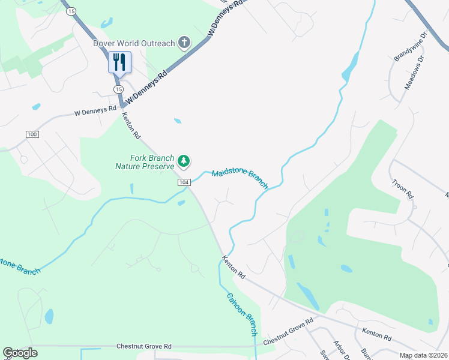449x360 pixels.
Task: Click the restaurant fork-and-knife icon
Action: pyautogui.click(x=119, y=61)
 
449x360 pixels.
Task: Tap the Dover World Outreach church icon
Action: pyautogui.click(x=184, y=43)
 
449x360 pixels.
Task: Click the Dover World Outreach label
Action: pyautogui.click(x=133, y=43)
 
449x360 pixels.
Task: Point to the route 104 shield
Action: pyautogui.click(x=184, y=182)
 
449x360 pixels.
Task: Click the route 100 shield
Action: pyautogui.click(x=32, y=134)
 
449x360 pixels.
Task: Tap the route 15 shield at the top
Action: pyautogui.click(x=71, y=11)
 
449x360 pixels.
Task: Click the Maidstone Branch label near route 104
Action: pyautogui.click(x=240, y=179)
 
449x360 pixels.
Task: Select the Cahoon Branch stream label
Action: pyautogui.click(x=242, y=314)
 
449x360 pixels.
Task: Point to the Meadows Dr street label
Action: pyautogui.click(x=414, y=73)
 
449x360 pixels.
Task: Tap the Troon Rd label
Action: pyautogui.click(x=402, y=188)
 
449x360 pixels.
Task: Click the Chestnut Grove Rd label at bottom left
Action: pyautogui.click(x=144, y=346)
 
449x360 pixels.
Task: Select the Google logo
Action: pyautogui.click(x=20, y=353)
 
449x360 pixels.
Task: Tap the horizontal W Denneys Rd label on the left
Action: pyautogui.click(x=95, y=111)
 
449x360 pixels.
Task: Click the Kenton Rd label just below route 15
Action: pyautogui.click(x=131, y=125)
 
